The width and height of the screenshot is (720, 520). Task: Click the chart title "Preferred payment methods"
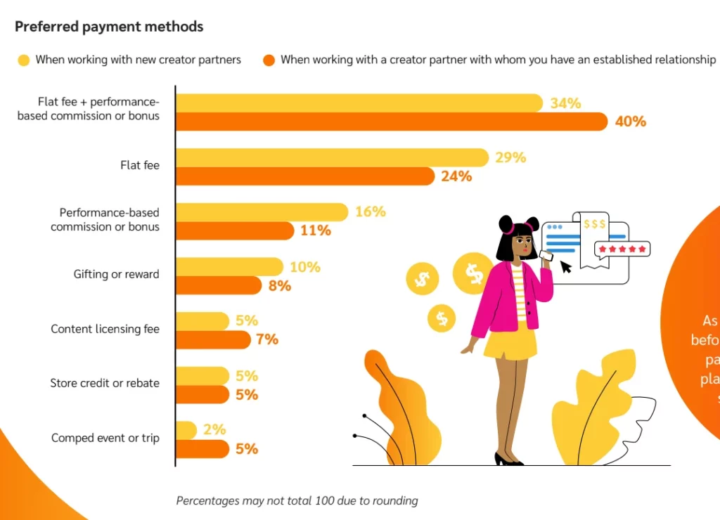(x=109, y=27)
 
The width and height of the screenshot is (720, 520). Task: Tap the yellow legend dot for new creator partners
(x=24, y=60)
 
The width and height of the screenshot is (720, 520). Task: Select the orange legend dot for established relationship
(x=269, y=60)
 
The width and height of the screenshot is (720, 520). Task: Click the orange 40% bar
(x=390, y=122)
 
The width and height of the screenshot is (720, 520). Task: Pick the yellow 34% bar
(x=359, y=103)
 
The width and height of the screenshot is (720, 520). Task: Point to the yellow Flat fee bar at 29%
(x=331, y=158)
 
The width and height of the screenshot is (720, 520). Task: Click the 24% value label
(x=456, y=176)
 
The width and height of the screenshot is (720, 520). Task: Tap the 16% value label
(x=370, y=212)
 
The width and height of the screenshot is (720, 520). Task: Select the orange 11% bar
(x=234, y=230)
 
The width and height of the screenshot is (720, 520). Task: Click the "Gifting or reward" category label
(x=116, y=274)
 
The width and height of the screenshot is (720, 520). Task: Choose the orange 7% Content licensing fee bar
(x=212, y=340)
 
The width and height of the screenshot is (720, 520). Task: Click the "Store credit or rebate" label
(x=105, y=384)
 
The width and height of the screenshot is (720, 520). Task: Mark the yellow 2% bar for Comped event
(x=186, y=430)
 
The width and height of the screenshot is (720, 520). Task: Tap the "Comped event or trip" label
(x=105, y=438)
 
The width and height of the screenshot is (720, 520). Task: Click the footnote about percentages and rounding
(x=297, y=501)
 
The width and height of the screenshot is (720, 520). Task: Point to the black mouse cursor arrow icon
(x=566, y=266)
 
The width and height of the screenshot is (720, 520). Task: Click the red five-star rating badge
(x=622, y=249)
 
